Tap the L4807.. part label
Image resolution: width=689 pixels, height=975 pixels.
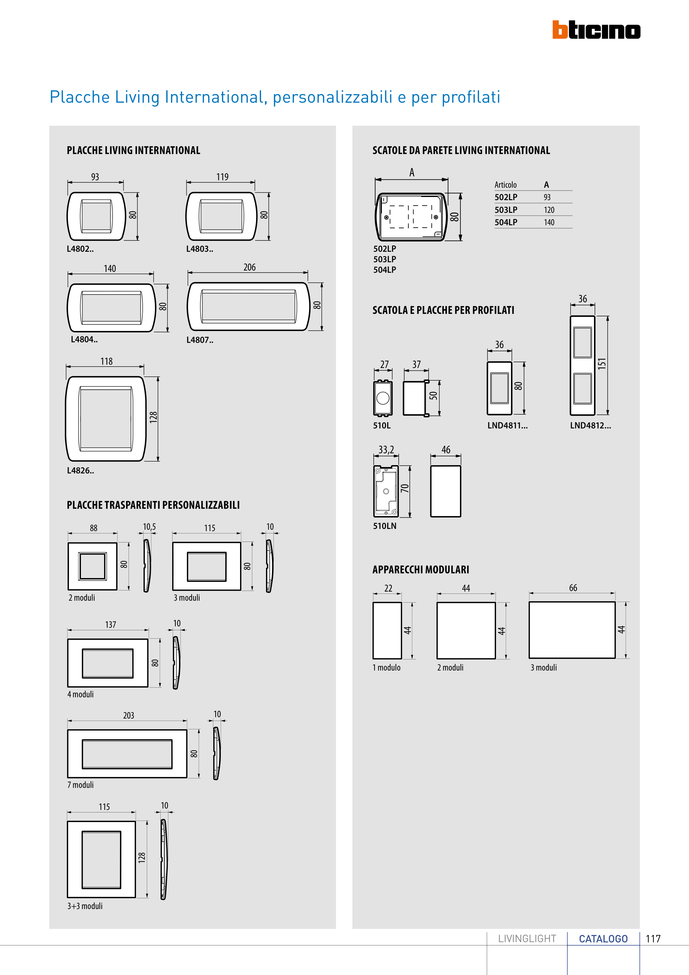click(199, 340)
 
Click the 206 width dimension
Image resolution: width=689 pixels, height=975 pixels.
click(249, 267)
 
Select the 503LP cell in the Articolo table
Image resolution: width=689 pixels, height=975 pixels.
click(506, 210)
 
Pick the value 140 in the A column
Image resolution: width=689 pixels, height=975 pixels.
click(549, 222)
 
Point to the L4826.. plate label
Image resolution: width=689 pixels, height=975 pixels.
click(80, 470)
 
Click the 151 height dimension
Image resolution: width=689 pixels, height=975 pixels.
click(602, 364)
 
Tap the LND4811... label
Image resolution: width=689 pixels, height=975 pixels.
click(507, 425)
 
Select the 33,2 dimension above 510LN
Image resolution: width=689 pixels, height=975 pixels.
click(386, 450)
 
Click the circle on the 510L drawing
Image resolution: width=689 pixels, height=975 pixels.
click(382, 398)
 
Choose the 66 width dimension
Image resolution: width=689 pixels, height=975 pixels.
click(573, 588)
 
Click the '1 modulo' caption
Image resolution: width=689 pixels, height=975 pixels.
click(386, 667)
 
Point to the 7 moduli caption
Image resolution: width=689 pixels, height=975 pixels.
click(80, 785)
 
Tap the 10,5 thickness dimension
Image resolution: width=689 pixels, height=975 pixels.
click(149, 527)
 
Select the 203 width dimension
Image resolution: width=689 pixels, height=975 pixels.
click(128, 716)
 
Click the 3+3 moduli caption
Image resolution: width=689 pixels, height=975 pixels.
click(85, 906)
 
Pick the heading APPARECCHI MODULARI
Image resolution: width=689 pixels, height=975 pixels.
click(420, 569)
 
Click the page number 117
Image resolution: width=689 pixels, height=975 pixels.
click(653, 939)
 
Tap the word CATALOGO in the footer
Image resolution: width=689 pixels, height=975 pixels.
click(603, 939)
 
